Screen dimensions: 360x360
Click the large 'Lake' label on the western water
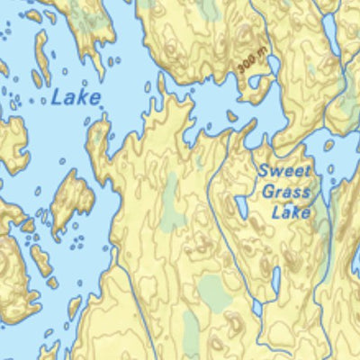coord(76,98)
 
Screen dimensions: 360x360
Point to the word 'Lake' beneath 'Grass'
coord(292,212)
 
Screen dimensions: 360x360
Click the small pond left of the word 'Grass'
coord(243,208)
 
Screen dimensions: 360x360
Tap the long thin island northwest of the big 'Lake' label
coord(41,59)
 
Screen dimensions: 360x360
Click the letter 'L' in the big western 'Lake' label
coord(56,98)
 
